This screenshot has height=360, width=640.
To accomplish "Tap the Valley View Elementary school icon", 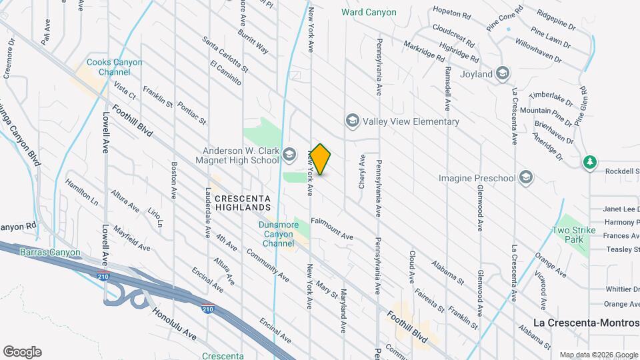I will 352,121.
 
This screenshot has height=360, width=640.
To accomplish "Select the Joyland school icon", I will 503,73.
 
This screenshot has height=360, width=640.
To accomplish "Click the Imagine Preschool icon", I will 526,177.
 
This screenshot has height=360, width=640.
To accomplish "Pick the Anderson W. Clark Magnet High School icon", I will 289,155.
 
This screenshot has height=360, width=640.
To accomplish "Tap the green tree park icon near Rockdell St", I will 589,162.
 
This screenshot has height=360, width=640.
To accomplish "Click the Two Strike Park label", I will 573,234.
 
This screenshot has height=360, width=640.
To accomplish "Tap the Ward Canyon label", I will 369,12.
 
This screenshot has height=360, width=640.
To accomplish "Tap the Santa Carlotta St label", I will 225,55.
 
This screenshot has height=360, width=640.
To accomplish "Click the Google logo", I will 22,351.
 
